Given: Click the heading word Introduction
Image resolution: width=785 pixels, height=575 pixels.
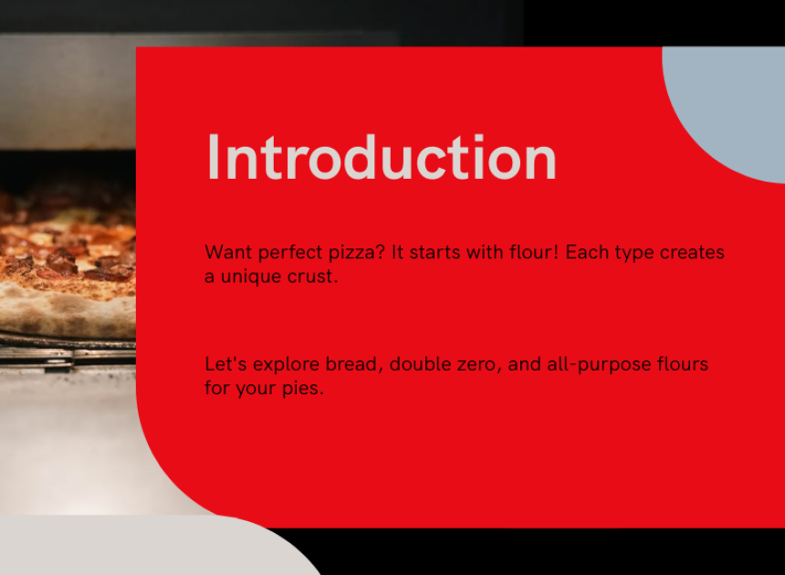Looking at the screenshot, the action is point(382,157).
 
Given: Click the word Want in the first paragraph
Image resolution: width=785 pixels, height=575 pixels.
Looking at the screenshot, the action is point(228,252).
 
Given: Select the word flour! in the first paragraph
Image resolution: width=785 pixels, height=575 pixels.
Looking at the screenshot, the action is point(534,252).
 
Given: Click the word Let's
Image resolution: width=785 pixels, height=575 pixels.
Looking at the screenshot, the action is point(225,364).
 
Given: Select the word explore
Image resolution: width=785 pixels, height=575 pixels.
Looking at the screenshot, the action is point(286,365).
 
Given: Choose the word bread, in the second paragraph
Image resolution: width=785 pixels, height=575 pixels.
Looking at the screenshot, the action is point(354,364).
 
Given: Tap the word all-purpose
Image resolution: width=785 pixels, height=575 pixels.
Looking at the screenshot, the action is point(600,365).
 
